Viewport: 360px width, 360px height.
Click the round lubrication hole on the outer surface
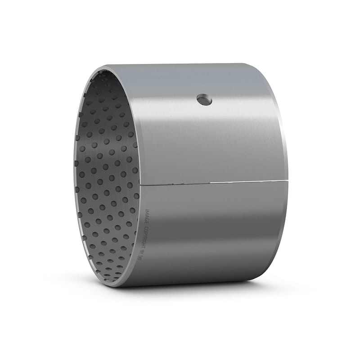(x=204, y=100)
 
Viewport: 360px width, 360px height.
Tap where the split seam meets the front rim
(x=140, y=184)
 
